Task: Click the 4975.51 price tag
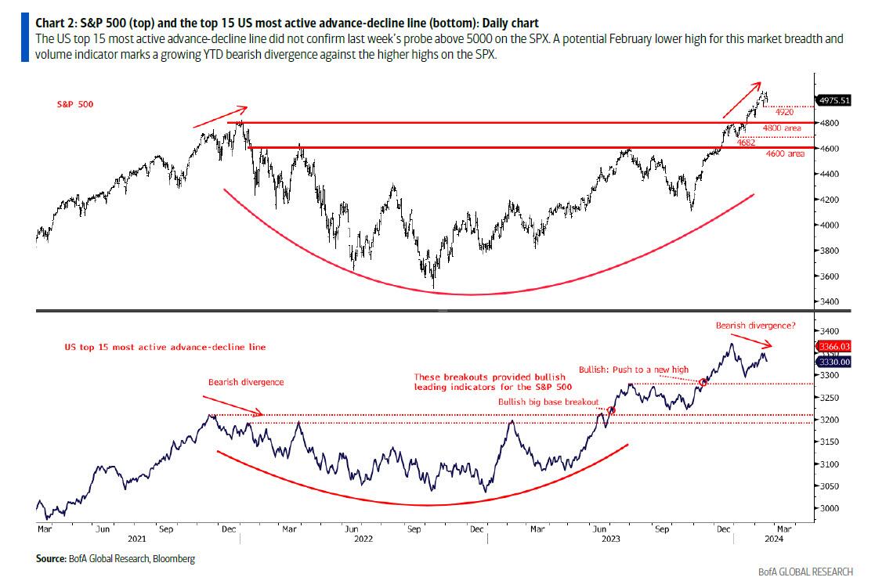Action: (833, 100)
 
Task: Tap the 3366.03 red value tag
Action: (833, 346)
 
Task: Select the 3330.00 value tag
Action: (833, 362)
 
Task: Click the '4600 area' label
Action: (785, 154)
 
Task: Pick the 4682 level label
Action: (746, 143)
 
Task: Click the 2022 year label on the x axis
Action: (363, 538)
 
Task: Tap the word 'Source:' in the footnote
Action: (52, 558)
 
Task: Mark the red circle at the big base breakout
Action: (610, 409)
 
